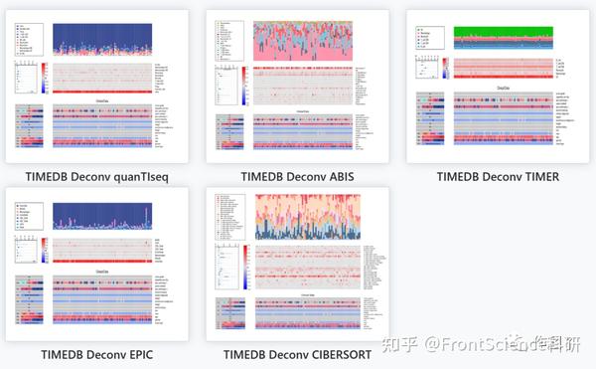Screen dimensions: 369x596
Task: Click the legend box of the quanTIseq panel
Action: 28,37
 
